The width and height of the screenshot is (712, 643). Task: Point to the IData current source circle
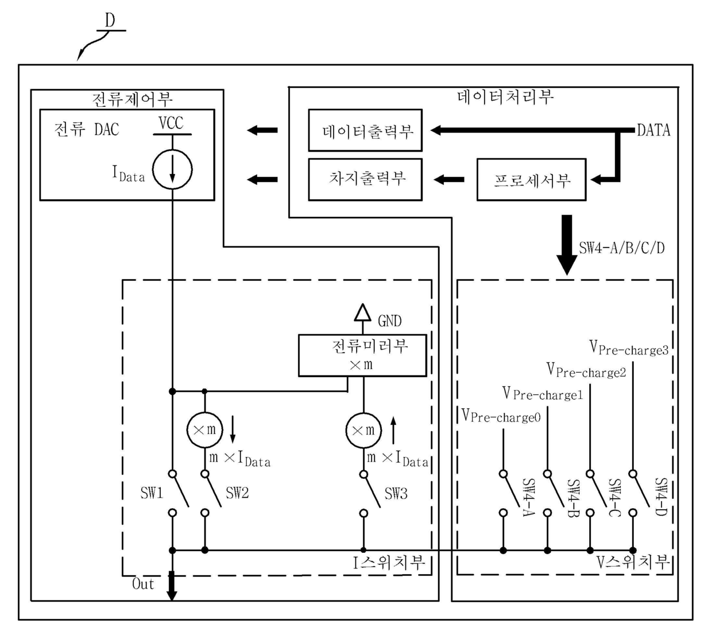point(172,150)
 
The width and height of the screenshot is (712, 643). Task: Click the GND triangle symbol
point(362,312)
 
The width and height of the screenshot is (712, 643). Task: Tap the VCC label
point(171,123)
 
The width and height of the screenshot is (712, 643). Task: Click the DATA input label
point(653,130)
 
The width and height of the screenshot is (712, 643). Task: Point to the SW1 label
point(152,493)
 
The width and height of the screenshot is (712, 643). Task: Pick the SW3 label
point(396,493)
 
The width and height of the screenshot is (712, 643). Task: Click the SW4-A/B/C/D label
point(622,248)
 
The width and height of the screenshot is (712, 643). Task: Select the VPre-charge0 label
point(501,416)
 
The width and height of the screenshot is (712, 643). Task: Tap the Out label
point(143,584)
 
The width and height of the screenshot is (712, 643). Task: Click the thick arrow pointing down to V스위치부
point(567,245)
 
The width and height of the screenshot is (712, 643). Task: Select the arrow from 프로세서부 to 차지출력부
point(449,180)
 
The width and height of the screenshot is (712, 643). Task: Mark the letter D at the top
point(110,21)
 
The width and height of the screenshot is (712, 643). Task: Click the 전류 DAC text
point(87,129)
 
